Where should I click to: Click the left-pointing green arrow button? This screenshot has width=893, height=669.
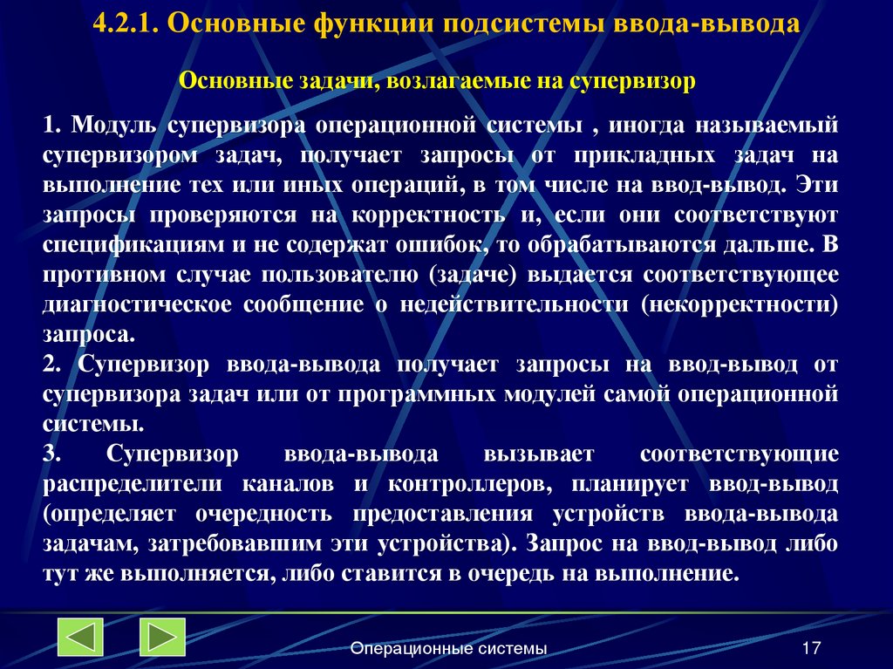tap(80, 637)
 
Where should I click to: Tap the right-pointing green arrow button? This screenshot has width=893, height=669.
tap(162, 637)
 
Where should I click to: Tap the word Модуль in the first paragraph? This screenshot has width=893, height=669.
tap(114, 126)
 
